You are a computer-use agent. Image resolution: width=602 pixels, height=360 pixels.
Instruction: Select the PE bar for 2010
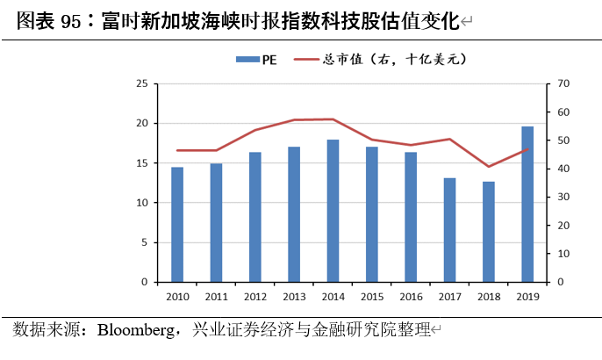pos(177,225)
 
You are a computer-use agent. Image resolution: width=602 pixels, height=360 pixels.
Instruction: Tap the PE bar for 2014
pos(333,211)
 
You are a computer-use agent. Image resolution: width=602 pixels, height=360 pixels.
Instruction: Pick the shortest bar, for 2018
pos(489,232)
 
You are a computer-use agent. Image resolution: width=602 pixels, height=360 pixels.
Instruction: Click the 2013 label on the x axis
pos(294,297)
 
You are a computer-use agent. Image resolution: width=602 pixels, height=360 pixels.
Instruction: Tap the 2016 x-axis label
pos(411,297)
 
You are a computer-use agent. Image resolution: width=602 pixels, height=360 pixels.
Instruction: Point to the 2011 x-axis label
pos(216,297)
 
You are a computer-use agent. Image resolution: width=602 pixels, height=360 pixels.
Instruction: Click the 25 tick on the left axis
pos(141,83)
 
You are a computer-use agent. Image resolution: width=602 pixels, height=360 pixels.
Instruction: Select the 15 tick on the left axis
pos(141,163)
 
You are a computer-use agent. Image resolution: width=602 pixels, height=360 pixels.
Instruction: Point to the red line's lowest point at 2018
pos(489,166)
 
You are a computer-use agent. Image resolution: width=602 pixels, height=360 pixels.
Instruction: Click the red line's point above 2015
pos(372,140)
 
